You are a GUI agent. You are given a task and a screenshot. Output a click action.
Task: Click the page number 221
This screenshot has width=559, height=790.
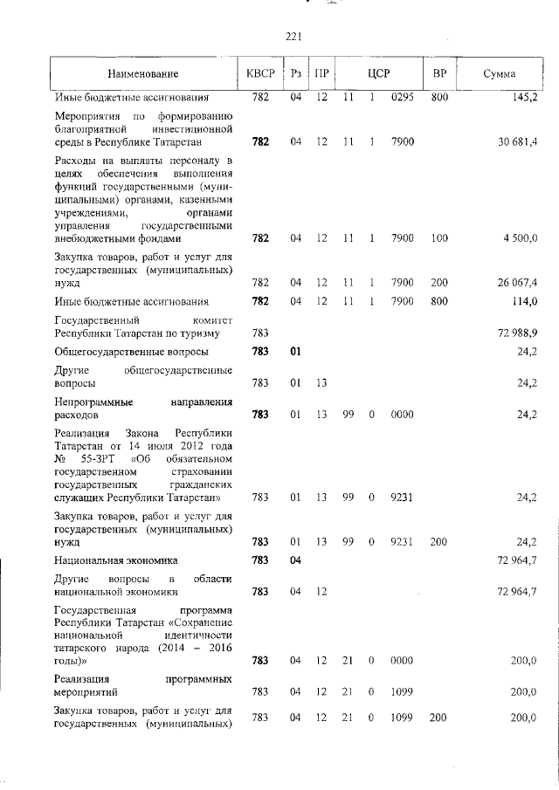pos(293,36)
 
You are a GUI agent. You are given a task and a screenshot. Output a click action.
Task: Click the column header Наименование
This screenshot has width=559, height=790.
pos(143,73)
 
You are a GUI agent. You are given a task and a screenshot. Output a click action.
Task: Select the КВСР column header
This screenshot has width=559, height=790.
pos(260,73)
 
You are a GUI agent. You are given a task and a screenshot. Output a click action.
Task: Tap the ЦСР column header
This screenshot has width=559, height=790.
pos(377,73)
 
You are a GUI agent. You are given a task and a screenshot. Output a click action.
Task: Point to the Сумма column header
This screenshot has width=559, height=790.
pos(499,73)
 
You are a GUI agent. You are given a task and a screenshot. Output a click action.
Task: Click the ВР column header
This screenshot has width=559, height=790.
pos(439,73)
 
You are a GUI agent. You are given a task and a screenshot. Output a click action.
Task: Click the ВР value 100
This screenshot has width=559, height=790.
pos(439,237)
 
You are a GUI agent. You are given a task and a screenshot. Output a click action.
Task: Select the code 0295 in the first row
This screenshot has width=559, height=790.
pos(402,97)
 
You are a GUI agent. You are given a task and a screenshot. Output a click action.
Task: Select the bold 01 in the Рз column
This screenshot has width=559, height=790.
pos(295,352)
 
